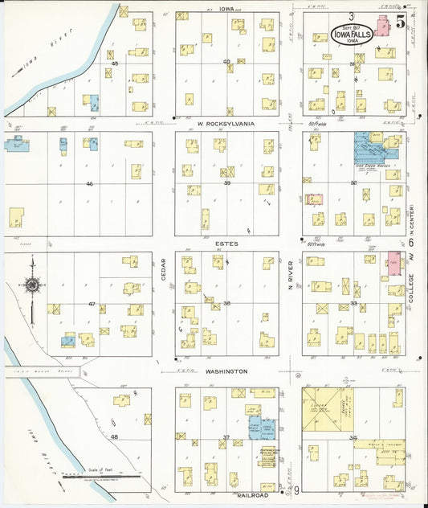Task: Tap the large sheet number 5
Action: tap(399, 22)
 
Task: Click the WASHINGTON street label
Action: tap(225, 371)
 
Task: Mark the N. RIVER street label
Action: tap(290, 273)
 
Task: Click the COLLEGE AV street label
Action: tap(412, 285)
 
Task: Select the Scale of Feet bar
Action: tap(100, 476)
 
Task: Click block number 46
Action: tap(89, 184)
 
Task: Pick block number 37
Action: tap(226, 437)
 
